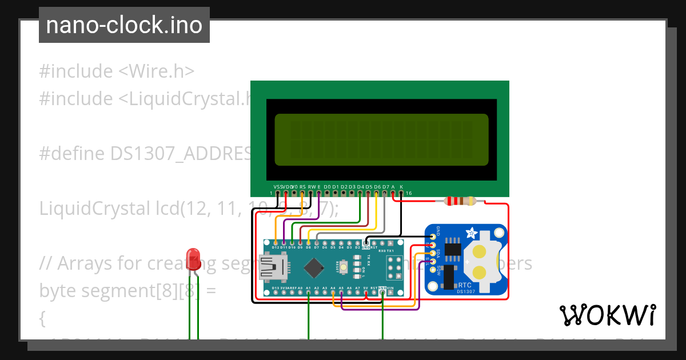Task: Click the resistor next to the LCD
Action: (x=460, y=201)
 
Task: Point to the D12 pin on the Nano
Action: (x=276, y=243)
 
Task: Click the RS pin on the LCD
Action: (x=302, y=193)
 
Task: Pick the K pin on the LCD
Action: (x=401, y=193)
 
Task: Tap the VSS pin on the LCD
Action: (x=277, y=193)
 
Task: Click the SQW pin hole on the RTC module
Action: (x=433, y=268)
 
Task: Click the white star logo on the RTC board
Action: (x=472, y=233)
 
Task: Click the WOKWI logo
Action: (x=607, y=315)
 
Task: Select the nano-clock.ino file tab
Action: (x=124, y=25)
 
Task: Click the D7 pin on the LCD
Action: (x=385, y=193)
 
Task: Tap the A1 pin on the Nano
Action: (x=309, y=293)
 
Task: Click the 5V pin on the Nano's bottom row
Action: (x=366, y=293)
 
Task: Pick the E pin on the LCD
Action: (x=318, y=193)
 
